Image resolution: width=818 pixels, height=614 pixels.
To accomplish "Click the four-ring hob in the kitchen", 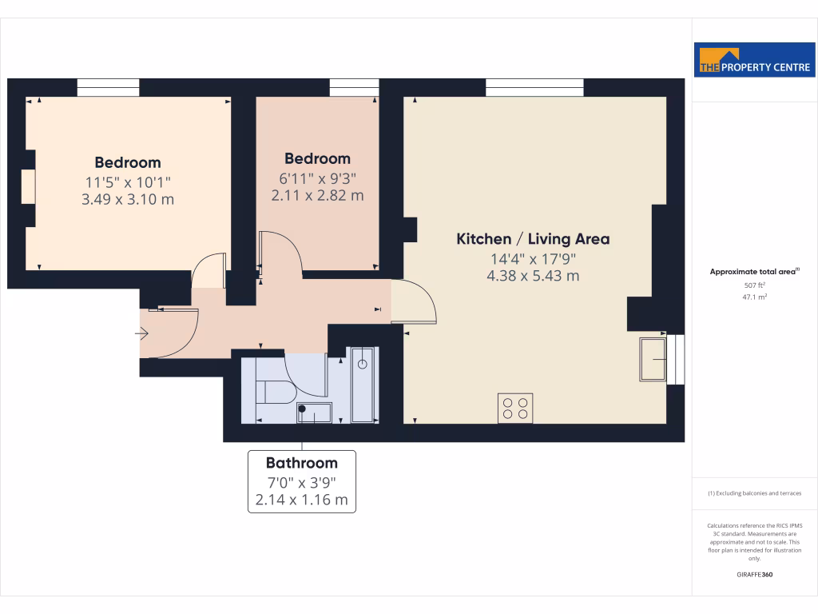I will pos(515,408).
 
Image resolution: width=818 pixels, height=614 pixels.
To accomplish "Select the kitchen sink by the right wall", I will pos(653,360).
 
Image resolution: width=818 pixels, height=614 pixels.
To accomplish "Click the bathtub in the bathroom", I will pos(363,384).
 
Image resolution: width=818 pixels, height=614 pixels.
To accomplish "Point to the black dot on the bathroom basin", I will pos(302,409).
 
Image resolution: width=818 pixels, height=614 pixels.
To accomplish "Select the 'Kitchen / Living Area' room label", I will pos(533,239).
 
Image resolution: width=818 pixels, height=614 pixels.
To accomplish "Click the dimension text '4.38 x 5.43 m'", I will pos(533,276).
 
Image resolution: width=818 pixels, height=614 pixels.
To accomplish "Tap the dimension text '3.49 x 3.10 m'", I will pos(128,198).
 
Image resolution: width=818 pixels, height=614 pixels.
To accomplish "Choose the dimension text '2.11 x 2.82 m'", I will pos(317,194).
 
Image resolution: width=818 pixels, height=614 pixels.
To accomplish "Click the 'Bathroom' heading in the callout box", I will pos(302,463).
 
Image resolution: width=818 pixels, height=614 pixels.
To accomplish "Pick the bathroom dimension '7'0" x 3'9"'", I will pos(302,482).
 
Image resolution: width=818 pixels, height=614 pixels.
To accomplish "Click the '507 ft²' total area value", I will pos(755,285).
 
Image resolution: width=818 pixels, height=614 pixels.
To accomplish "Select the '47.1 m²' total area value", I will pos(755,297).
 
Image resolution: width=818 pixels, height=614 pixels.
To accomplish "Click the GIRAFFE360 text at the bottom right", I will pos(755,575).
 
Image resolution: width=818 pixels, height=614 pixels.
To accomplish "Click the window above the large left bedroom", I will pos(108,87).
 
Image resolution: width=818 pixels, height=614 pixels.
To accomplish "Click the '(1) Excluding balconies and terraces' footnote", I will pos(755,493).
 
